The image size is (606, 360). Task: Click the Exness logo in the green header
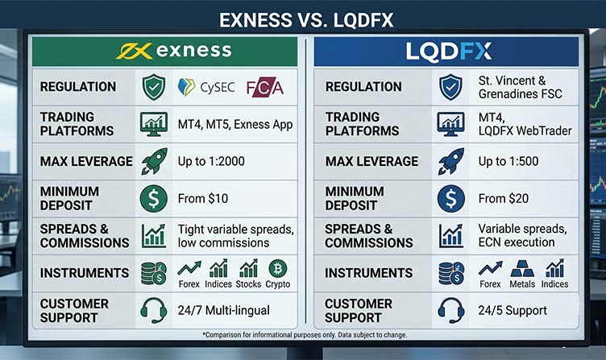click(174, 51)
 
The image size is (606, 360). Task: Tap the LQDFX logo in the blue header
click(448, 52)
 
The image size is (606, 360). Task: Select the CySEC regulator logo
click(206, 87)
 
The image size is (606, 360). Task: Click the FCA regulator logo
click(265, 87)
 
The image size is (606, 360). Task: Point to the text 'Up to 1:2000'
click(211, 161)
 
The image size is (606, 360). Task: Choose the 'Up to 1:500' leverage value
click(508, 161)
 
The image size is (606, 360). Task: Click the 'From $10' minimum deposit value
click(203, 199)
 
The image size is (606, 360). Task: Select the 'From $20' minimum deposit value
click(503, 199)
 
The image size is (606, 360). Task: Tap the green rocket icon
click(154, 161)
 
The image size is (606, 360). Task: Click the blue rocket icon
click(451, 161)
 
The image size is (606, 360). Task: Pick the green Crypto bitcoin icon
click(277, 268)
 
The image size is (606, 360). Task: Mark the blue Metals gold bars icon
click(522, 268)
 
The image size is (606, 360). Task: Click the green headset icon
click(154, 310)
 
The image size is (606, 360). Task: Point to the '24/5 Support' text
click(513, 310)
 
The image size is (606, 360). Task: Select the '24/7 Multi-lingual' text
click(224, 310)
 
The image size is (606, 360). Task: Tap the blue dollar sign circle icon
click(451, 199)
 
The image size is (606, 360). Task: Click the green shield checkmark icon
click(154, 87)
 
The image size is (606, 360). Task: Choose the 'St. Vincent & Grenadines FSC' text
click(521, 87)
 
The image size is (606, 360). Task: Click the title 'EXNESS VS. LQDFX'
click(306, 19)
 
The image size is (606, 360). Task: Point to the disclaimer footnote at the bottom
click(305, 335)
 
